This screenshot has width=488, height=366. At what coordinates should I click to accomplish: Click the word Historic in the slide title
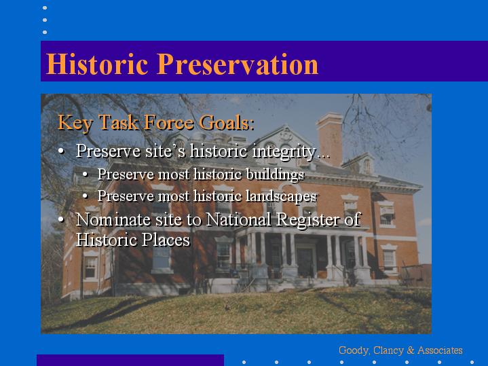click(97, 64)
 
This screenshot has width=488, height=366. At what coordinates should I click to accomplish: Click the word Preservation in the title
click(238, 64)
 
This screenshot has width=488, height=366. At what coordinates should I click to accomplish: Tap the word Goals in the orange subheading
click(226, 122)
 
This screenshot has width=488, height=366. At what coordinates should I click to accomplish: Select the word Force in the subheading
click(169, 122)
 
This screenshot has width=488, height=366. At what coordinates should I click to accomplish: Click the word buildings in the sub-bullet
click(275, 175)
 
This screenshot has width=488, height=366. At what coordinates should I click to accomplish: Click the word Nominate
click(113, 219)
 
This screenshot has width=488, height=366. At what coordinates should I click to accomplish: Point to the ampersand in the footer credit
click(410, 350)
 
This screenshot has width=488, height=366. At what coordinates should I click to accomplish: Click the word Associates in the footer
click(440, 350)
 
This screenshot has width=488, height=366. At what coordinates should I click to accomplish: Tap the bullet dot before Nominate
click(61, 219)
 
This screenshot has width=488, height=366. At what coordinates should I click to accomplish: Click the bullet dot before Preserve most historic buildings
click(86, 175)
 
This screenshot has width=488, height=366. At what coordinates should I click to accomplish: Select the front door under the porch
click(305, 261)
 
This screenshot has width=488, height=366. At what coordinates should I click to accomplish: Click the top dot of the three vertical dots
click(45, 7)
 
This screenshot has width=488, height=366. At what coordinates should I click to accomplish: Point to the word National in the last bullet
click(238, 219)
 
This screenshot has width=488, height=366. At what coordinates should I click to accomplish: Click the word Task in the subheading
click(119, 122)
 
